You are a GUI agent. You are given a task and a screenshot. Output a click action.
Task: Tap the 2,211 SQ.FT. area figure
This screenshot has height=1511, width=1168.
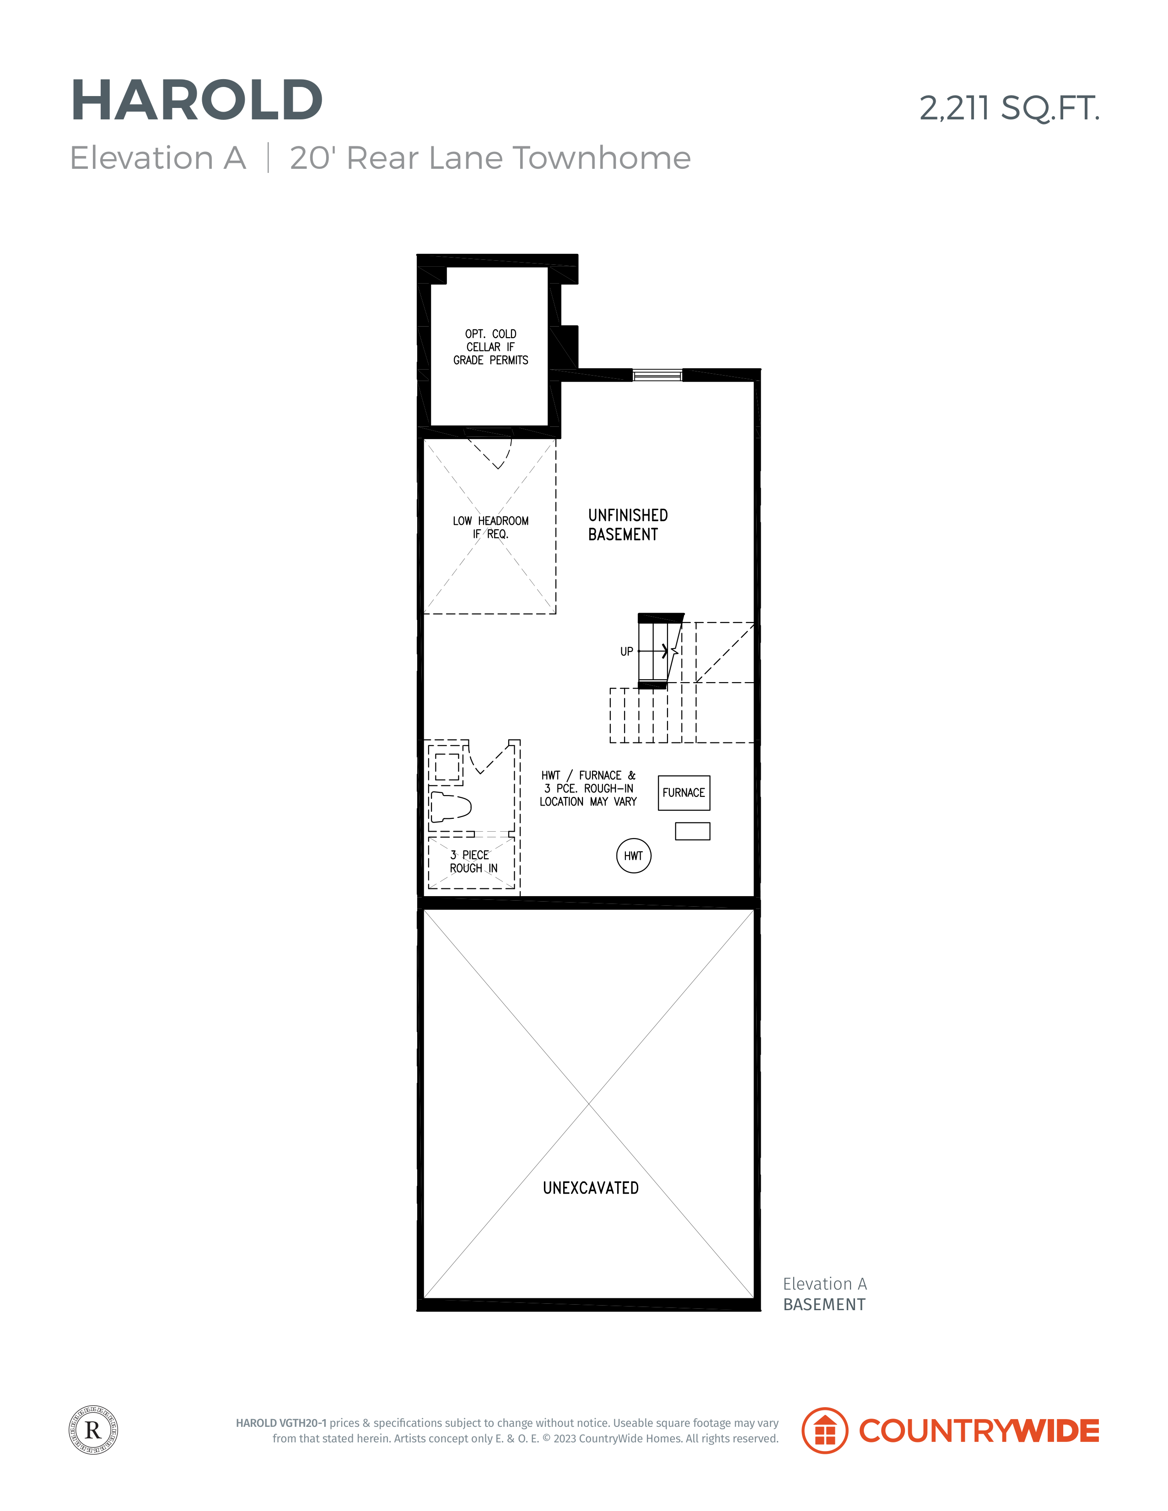[1010, 108]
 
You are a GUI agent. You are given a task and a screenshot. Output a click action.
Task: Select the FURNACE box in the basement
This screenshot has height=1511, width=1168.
[684, 793]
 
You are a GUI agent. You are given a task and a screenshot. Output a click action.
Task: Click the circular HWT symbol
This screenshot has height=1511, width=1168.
[634, 856]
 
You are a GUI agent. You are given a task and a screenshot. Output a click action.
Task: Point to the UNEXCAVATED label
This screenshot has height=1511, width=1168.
[591, 1188]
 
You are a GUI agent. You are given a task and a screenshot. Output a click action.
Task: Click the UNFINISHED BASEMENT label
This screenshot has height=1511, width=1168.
[628, 525]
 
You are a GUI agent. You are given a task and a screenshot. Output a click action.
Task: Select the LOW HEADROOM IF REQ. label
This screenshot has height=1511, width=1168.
[490, 527]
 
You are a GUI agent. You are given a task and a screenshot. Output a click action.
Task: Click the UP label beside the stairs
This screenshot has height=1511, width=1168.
[627, 652]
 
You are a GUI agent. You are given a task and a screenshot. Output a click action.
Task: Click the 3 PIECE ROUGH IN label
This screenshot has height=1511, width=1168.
[474, 861]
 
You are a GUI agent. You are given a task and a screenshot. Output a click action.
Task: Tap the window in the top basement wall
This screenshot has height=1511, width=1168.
[657, 375]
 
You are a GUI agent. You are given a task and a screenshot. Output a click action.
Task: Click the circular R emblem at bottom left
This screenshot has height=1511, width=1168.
[93, 1430]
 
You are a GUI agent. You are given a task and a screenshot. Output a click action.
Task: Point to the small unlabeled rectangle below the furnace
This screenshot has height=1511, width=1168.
[693, 831]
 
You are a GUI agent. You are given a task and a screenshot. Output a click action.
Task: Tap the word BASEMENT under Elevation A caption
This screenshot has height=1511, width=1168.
[824, 1305]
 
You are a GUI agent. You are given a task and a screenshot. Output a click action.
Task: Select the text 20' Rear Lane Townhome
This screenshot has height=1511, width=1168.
[490, 158]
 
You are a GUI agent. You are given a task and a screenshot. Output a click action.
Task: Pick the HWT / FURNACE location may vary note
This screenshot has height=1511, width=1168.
[588, 788]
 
